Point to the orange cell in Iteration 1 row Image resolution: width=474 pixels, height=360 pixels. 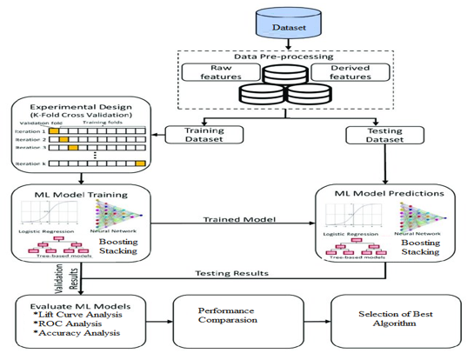click(53, 130)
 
